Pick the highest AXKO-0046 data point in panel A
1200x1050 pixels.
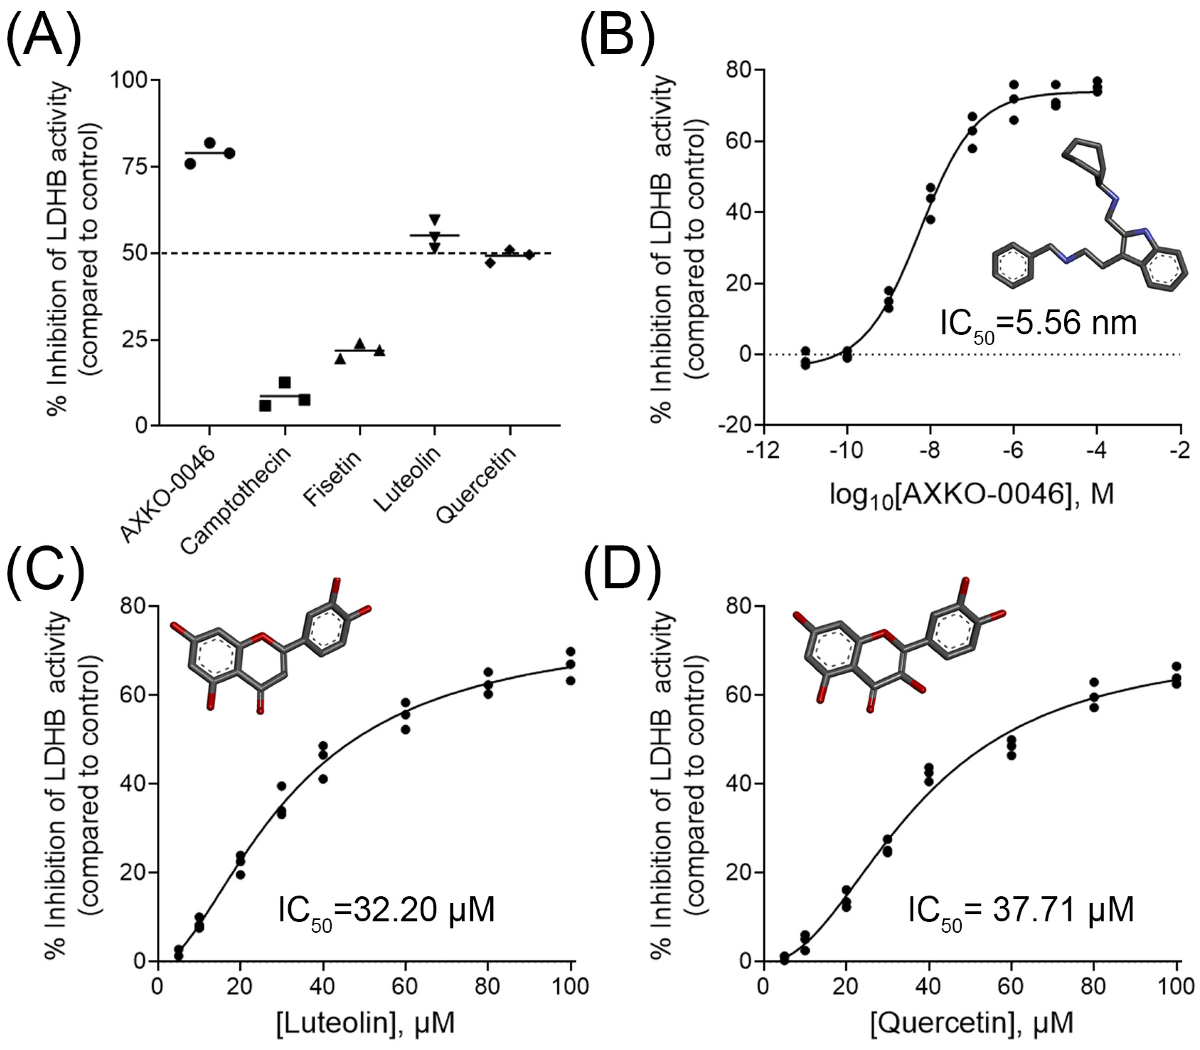tap(210, 142)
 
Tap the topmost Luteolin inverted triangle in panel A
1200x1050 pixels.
tap(434, 220)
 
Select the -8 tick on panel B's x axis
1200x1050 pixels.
tap(929, 451)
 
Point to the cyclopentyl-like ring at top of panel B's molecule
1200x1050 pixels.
tap(1084, 156)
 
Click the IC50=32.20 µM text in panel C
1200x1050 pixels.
tap(386, 911)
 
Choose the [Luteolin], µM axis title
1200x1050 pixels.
tap(366, 1024)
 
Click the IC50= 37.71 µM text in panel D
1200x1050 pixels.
tap(1021, 911)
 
